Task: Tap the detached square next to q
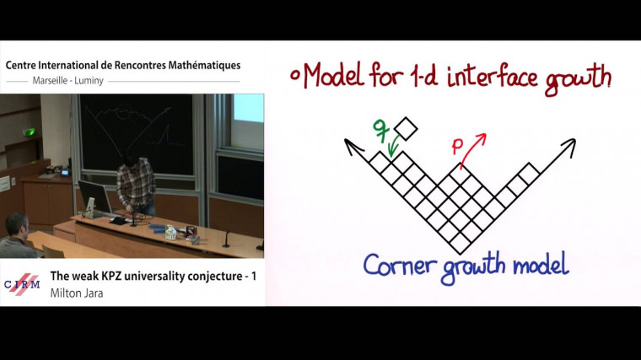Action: (407, 129)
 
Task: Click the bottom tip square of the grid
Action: (460, 244)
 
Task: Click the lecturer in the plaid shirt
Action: (135, 181)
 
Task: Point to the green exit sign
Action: (30, 132)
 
